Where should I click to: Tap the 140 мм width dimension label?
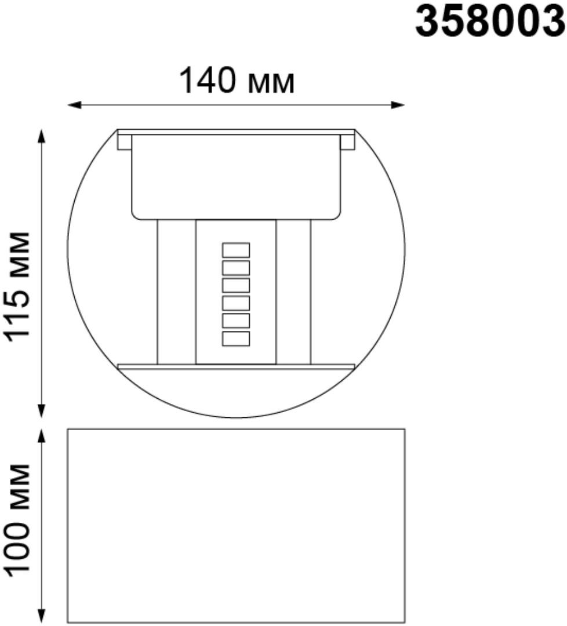237,82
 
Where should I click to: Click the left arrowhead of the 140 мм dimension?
74,105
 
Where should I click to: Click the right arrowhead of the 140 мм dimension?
398,105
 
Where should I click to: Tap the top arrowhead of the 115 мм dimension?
41,136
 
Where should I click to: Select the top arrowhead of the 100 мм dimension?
41,436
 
